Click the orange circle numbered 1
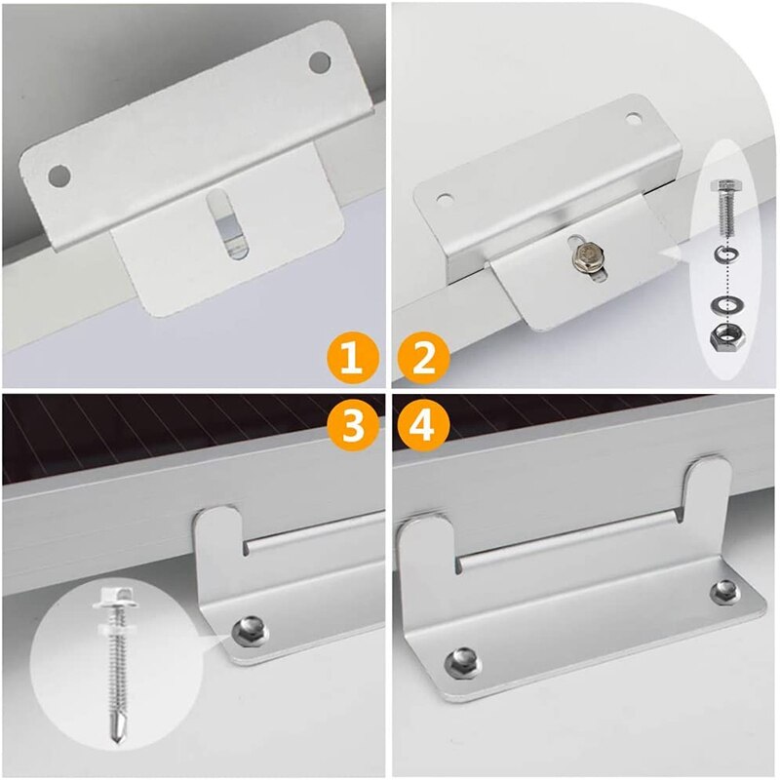pyautogui.click(x=352, y=359)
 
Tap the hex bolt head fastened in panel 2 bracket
pyautogui.click(x=587, y=257)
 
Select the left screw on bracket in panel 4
pyautogui.click(x=461, y=663)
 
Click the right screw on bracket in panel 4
pyautogui.click(x=723, y=591)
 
